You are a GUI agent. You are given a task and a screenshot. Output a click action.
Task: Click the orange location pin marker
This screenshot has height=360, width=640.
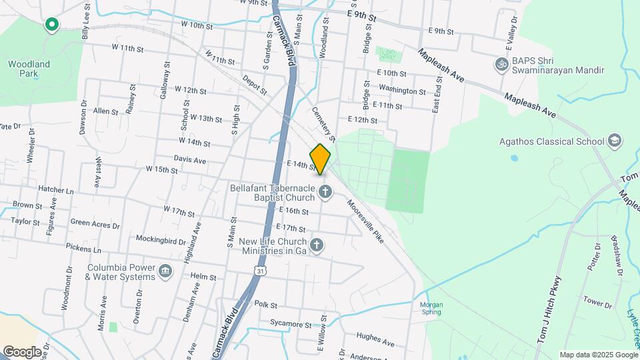coord(321,159)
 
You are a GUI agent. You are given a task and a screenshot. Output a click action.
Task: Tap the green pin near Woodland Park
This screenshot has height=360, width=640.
coord(51,25)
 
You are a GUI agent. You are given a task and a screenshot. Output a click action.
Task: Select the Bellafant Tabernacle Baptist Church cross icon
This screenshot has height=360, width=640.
coord(326,193)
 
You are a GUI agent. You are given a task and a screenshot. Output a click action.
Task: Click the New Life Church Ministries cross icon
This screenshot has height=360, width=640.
coord(318,246)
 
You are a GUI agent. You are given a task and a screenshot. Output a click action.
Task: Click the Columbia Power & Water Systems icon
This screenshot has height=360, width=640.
coord(165,272)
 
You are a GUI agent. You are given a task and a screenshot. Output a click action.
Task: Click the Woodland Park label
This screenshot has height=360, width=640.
coord(29,69)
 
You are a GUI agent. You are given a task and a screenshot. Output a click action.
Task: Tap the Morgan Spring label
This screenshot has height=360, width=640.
coord(431,309)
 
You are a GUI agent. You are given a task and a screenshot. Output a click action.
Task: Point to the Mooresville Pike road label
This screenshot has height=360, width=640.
coord(365,221)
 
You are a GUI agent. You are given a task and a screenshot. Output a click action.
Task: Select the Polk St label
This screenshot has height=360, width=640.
coord(265,305)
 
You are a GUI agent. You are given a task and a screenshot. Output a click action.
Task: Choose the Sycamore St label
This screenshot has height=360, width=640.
coord(291,324)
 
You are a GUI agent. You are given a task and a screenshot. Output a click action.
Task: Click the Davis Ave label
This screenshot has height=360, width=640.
coord(190,159)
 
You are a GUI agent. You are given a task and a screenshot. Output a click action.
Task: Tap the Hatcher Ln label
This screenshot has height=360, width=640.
coord(56,190)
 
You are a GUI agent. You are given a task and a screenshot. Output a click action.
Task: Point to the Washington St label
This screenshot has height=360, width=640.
coord(402,90)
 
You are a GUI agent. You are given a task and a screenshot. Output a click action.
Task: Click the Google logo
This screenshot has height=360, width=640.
coord(22,351)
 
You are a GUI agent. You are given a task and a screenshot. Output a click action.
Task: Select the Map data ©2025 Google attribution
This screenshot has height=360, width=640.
coord(597,355)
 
